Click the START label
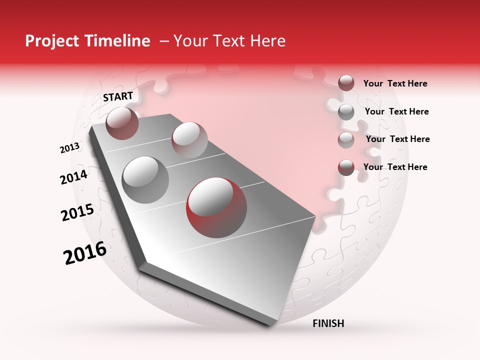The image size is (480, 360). point(118,96)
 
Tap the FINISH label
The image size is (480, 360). point(328,323)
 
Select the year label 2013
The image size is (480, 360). point(69,148)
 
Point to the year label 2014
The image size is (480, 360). point(73,177)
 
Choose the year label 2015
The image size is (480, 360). point(77,212)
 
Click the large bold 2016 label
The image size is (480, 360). point(85,253)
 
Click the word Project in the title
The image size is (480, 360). point(53,41)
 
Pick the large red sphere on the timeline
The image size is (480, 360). point(216,205)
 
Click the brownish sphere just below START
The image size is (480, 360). point(122,123)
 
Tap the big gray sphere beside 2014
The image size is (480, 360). point(145,180)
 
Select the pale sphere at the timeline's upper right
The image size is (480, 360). point(189,139)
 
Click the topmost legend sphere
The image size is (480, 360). point(346,83)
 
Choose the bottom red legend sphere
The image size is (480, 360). point(346,167)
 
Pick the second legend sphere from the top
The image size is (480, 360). point(346,112)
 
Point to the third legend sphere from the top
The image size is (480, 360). point(346,140)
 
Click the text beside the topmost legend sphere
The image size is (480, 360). point(395,83)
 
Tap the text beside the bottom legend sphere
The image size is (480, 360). point(395,167)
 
